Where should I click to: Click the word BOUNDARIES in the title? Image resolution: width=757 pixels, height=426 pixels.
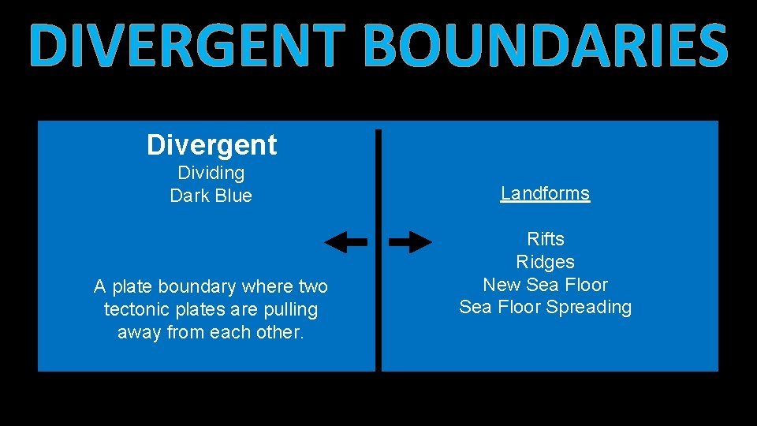(x=546, y=47)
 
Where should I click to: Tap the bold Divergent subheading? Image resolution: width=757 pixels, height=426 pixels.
(x=211, y=145)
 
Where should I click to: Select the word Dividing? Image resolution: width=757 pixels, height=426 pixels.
(x=211, y=173)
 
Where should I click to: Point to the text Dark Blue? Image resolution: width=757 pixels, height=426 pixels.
(x=211, y=196)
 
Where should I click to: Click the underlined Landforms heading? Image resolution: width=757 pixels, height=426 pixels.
(x=545, y=193)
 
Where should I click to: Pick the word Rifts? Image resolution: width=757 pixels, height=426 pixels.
(x=546, y=239)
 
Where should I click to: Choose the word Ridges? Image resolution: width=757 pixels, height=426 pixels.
(x=546, y=262)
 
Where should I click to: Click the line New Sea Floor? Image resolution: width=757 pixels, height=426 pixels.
(x=546, y=285)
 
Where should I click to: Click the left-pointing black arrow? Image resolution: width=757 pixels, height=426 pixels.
(x=345, y=243)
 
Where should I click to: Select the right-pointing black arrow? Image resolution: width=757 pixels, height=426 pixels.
(x=410, y=243)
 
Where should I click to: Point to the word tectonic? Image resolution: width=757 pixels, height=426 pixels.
(x=135, y=310)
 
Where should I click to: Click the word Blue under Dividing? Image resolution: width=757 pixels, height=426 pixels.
(x=233, y=196)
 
